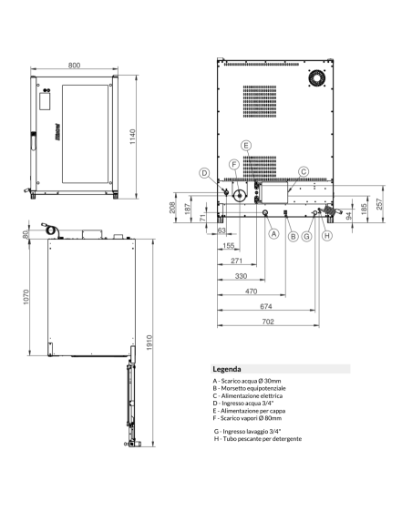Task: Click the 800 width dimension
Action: tap(74, 66)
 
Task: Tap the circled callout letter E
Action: tap(245, 146)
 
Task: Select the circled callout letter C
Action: tap(304, 170)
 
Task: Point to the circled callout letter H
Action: tap(327, 235)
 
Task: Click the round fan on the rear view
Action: tap(316, 79)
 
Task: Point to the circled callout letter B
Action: tap(293, 236)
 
